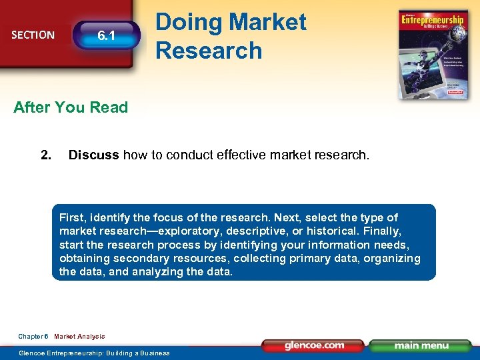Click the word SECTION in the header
(x=33, y=35)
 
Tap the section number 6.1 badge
(x=106, y=35)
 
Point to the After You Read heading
(x=71, y=107)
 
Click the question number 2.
(x=46, y=155)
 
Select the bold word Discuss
(x=94, y=155)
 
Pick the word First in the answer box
(x=72, y=217)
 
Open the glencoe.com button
(x=314, y=345)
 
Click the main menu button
(x=421, y=345)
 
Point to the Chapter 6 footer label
(x=33, y=337)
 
